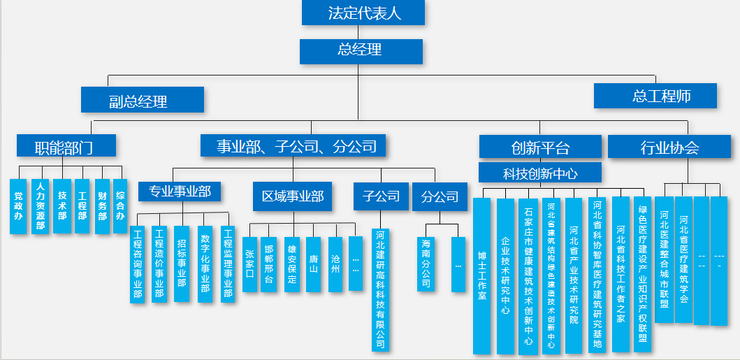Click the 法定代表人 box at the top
pyautogui.click(x=363, y=13)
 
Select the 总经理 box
pyautogui.click(x=361, y=51)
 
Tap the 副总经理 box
pyautogui.click(x=142, y=100)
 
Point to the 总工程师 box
pyautogui.click(x=655, y=96)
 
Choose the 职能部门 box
pyautogui.click(x=66, y=146)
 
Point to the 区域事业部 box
pyautogui.click(x=293, y=196)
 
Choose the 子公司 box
pyautogui.click(x=381, y=196)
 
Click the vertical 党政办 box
pyautogui.click(x=18, y=206)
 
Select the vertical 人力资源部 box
pyautogui.click(x=41, y=206)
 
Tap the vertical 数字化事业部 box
pyautogui.click(x=205, y=264)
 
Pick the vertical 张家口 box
pyautogui.click(x=250, y=264)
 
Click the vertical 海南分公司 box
pyautogui.click(x=426, y=264)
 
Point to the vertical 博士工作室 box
pyautogui.click(x=481, y=275)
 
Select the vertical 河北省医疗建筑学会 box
pyautogui.click(x=683, y=259)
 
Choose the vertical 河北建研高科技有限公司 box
pyautogui.click(x=381, y=289)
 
